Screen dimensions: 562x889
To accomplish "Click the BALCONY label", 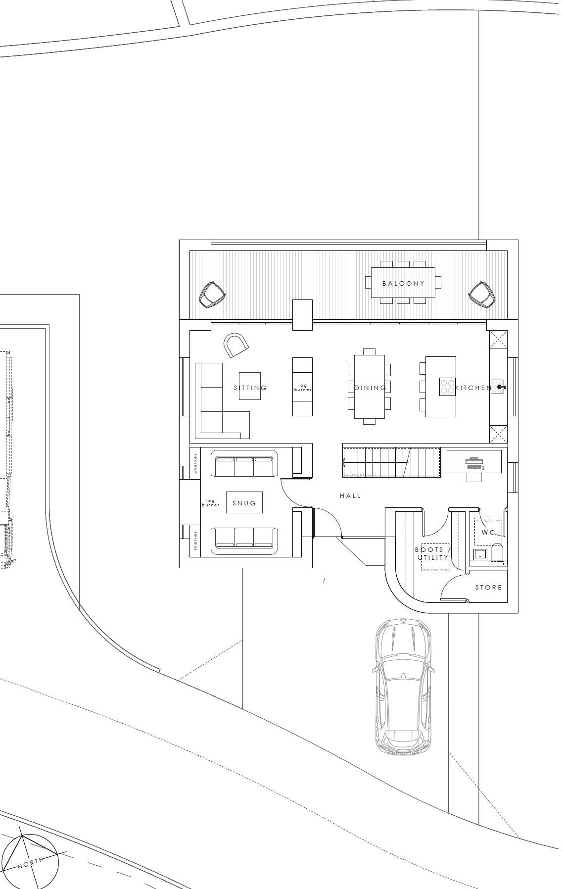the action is click(x=403, y=284).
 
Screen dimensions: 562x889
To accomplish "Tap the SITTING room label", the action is click(x=250, y=388).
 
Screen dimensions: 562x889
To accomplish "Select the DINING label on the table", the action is click(x=370, y=388).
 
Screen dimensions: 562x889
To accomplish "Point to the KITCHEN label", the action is click(x=472, y=388).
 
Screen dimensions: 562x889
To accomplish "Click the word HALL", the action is click(x=350, y=496).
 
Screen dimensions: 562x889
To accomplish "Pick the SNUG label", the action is click(x=244, y=503).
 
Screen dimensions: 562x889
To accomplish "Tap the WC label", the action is click(x=488, y=533).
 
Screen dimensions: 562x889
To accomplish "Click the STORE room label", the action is click(x=488, y=588).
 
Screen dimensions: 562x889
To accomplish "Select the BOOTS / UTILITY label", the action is click(x=433, y=554).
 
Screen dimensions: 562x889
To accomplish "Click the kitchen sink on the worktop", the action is click(x=498, y=387).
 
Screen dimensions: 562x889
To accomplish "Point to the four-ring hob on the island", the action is click(x=448, y=387).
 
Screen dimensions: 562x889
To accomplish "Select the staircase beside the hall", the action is click(x=391, y=462).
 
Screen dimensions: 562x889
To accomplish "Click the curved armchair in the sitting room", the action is click(x=235, y=345).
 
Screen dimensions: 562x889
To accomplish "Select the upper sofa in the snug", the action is click(x=245, y=466).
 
